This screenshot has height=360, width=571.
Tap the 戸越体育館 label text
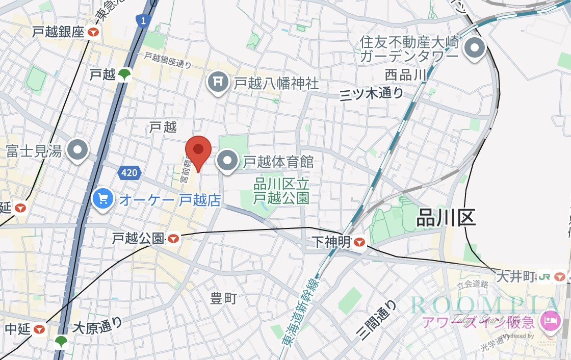click(278, 162)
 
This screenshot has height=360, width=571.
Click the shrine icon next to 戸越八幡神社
click(218, 82)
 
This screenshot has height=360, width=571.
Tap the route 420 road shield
click(129, 173)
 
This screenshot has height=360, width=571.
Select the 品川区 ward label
click(446, 218)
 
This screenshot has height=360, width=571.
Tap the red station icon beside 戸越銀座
click(93, 32)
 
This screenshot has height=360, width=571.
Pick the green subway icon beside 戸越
click(124, 75)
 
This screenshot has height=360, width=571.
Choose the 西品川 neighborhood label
click(405, 74)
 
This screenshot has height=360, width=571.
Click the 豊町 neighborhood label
click(224, 298)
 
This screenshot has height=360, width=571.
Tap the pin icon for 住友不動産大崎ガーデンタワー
click(476, 49)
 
